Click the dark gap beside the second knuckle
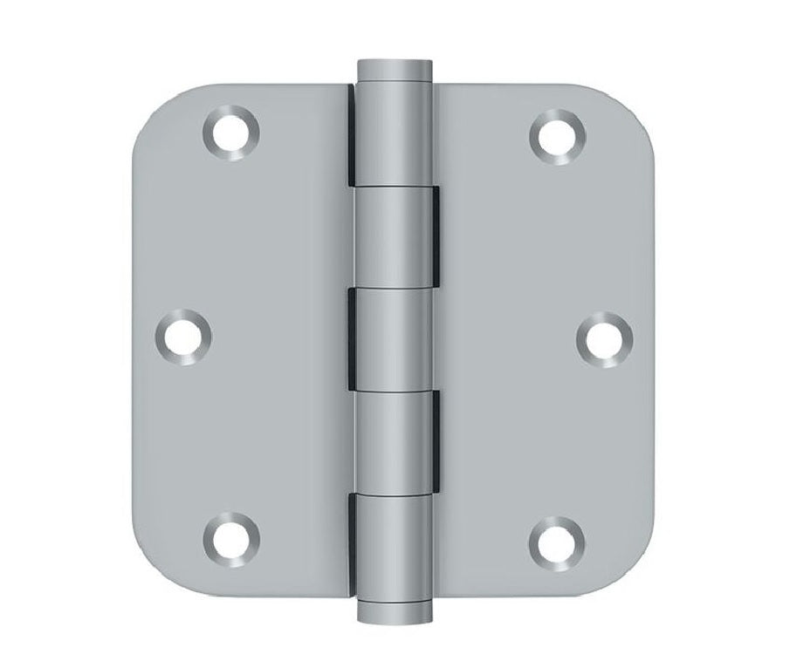pos(431,238)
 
